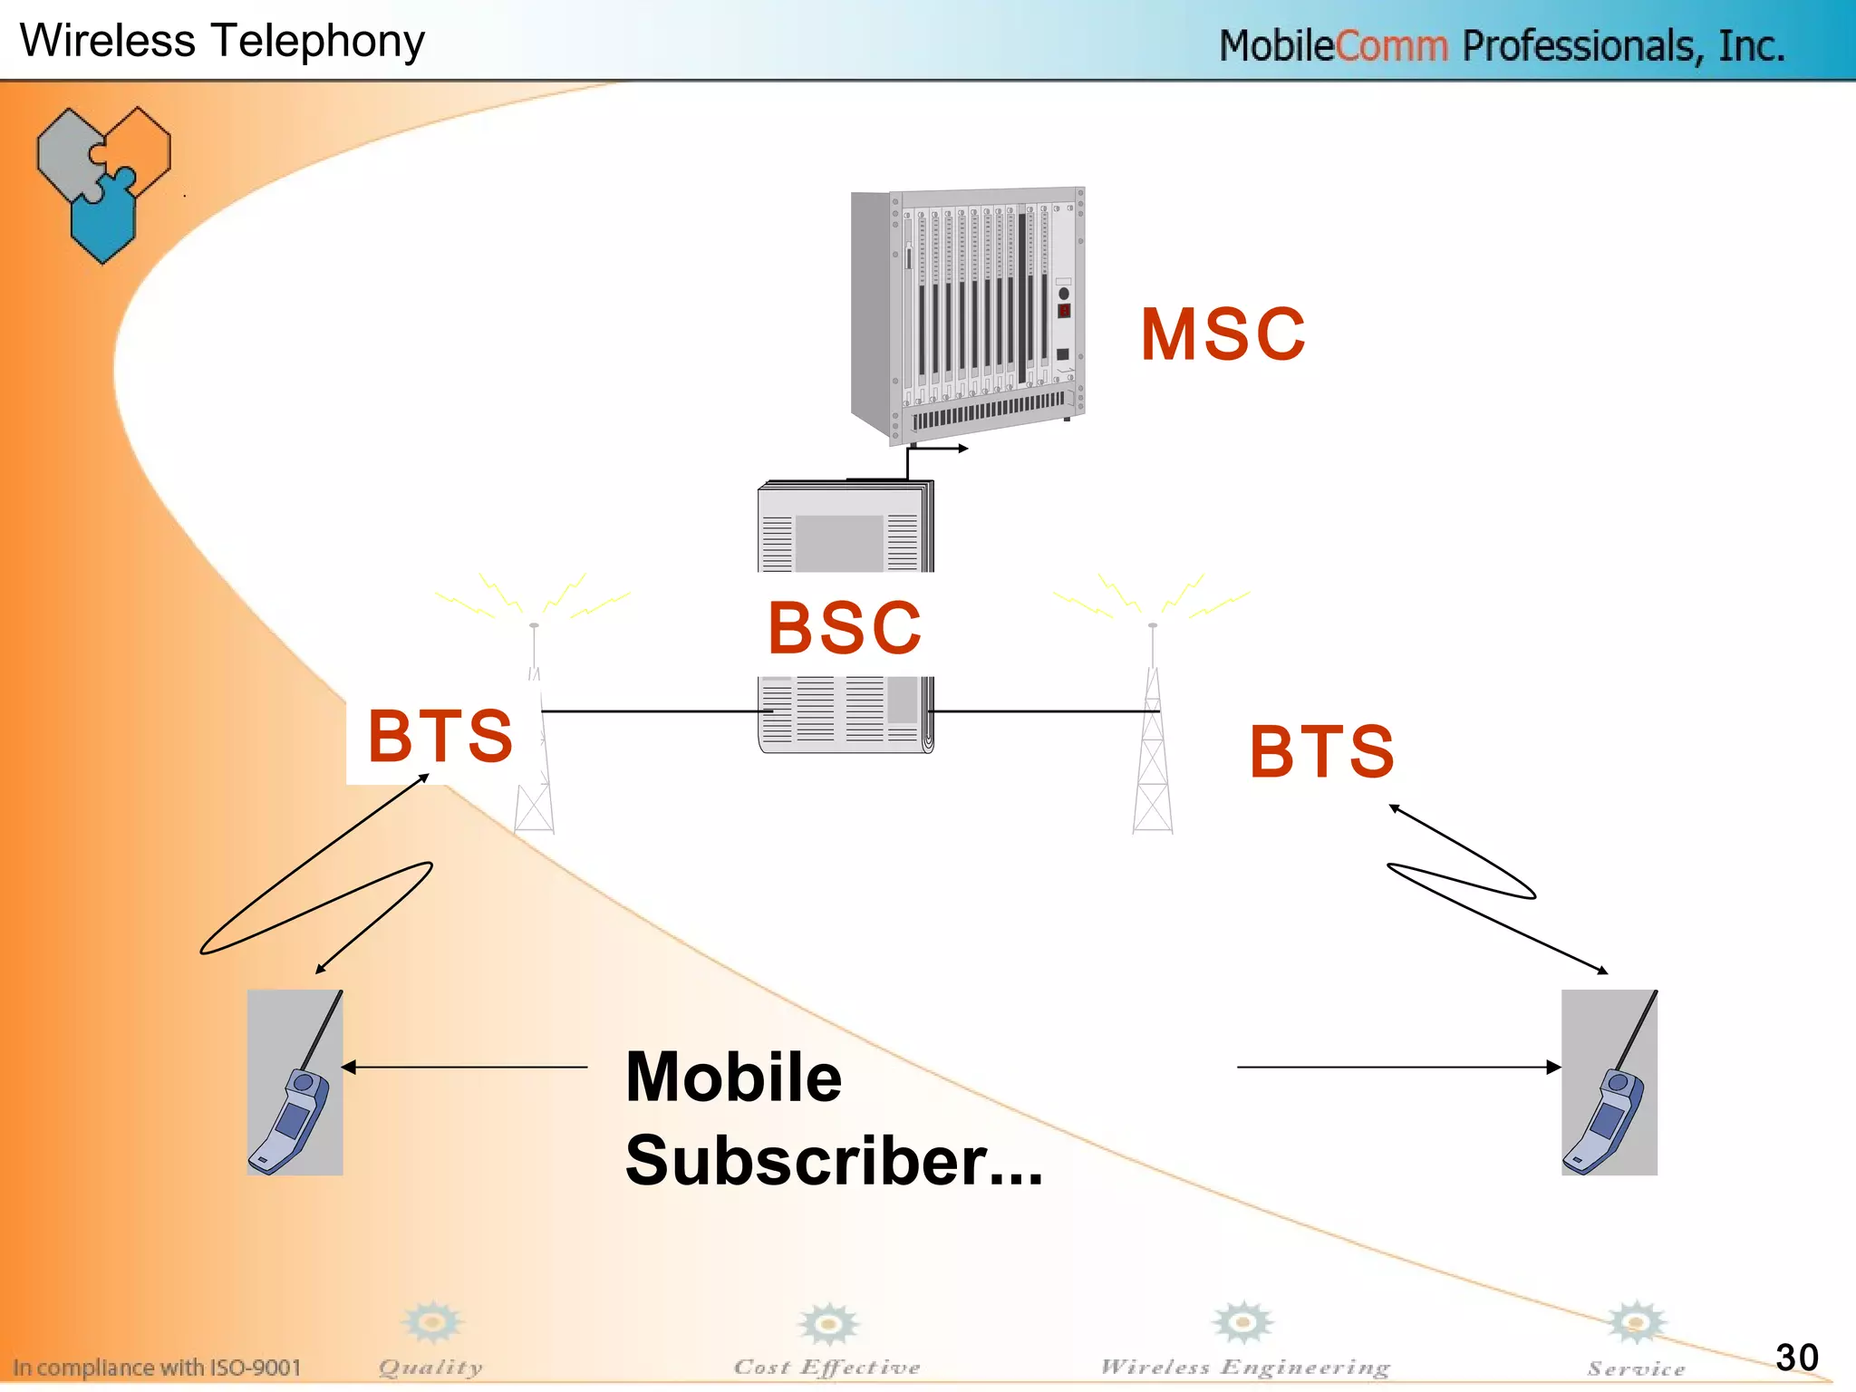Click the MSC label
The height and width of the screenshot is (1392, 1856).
(x=1223, y=334)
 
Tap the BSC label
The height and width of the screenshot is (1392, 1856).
(x=845, y=628)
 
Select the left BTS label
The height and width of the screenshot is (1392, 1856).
(x=440, y=736)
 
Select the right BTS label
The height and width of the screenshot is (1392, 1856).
(x=1321, y=751)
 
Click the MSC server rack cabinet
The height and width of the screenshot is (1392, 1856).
(x=968, y=313)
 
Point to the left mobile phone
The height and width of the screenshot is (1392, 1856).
(x=295, y=1083)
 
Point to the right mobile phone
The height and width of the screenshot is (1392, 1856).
(x=1609, y=1083)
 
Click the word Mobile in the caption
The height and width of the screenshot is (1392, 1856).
(x=733, y=1078)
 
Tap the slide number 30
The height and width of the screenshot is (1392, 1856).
(x=1796, y=1358)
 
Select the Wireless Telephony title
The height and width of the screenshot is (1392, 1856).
(x=222, y=41)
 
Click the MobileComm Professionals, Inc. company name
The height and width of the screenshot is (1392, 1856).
(x=1501, y=45)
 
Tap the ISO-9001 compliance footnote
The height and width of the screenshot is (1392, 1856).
(x=157, y=1368)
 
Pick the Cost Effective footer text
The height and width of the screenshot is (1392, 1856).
(x=826, y=1367)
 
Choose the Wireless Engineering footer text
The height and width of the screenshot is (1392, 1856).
(x=1245, y=1367)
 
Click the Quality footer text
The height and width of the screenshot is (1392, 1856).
(x=430, y=1367)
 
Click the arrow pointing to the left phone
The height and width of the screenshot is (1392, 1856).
(x=465, y=1068)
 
